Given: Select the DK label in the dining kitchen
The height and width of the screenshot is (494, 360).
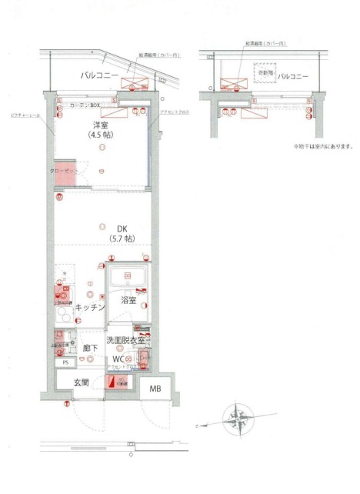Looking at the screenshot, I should click(102, 228).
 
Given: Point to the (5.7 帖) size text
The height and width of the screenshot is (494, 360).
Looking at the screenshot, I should click(102, 239).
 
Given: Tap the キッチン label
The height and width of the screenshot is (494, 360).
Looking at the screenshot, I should click(90, 307).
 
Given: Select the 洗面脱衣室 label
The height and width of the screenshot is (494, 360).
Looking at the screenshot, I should click(126, 340).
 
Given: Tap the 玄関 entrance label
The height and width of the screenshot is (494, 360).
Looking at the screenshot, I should click(83, 382).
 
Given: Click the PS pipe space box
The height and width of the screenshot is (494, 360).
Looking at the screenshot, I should click(66, 362).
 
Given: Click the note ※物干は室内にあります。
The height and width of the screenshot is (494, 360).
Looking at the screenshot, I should click(322, 147).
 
